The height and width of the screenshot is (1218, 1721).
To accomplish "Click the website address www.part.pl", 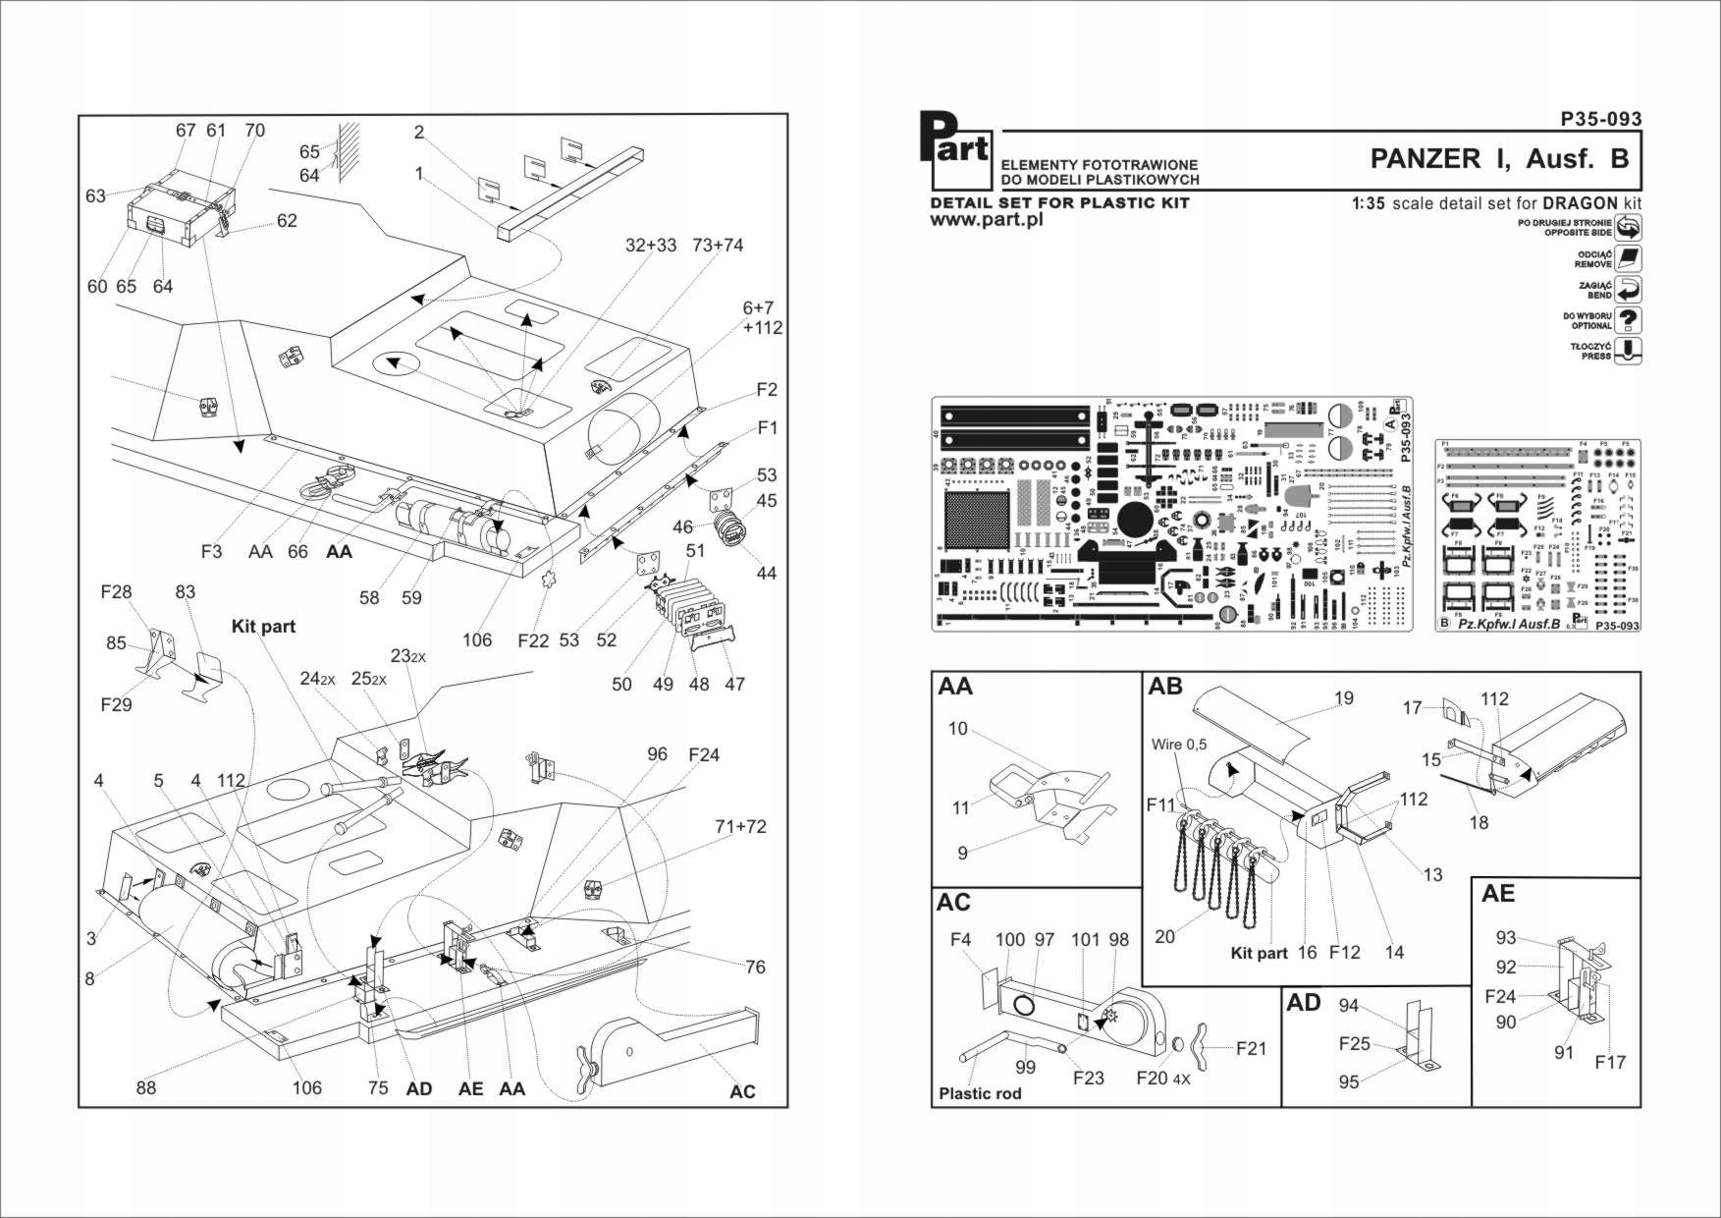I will [x=986, y=220].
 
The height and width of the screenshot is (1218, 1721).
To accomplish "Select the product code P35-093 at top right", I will [x=1600, y=119].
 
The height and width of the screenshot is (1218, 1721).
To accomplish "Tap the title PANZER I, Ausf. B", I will [x=1499, y=159].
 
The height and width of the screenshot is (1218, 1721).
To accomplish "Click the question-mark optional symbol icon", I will [x=1628, y=320].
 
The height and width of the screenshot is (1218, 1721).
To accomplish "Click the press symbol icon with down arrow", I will [x=1628, y=351].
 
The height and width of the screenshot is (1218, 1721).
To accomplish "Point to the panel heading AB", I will [x=1165, y=687].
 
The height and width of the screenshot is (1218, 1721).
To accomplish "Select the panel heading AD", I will [x=1304, y=1002].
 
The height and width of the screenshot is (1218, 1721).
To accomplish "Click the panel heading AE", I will [x=1498, y=893].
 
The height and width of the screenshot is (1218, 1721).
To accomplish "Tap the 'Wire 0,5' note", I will [x=1179, y=745].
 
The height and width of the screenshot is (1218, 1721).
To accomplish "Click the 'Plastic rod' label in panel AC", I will [x=979, y=1093].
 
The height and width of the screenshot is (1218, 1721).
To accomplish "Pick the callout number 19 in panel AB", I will [x=1343, y=697].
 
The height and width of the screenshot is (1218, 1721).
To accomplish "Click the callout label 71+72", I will [x=741, y=826].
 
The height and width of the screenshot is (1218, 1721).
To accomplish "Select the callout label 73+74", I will [x=718, y=245].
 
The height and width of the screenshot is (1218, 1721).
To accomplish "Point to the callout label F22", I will [x=533, y=640].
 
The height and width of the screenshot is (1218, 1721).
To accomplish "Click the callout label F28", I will [x=116, y=591].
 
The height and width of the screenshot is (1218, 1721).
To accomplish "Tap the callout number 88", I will [x=145, y=1087].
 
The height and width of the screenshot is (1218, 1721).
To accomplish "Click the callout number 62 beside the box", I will [x=287, y=220].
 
